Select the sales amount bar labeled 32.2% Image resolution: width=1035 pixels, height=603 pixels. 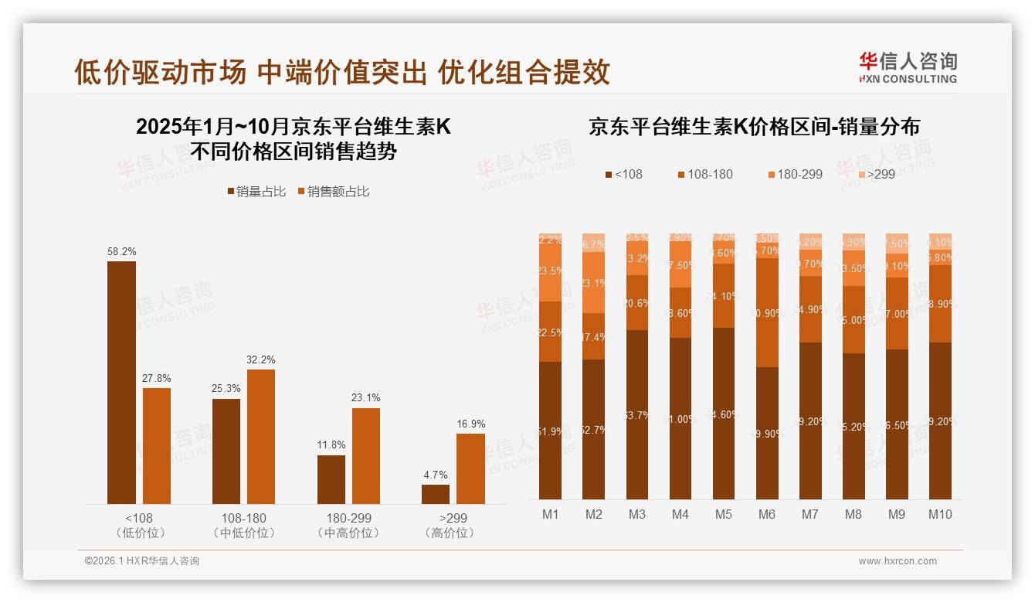(261, 437)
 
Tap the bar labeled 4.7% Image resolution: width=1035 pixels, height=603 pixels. (435, 494)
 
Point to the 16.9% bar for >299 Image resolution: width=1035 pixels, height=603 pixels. (470, 468)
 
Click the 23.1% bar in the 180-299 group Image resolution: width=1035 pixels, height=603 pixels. (366, 456)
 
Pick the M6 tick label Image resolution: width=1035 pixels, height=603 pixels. (766, 515)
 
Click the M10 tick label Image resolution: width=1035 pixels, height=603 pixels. (940, 515)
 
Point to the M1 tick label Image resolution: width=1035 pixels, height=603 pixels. (550, 515)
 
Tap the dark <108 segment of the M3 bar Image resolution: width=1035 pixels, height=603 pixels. (637, 414)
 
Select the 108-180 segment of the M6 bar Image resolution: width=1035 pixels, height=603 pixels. (767, 312)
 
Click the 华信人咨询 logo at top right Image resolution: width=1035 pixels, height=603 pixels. (908, 67)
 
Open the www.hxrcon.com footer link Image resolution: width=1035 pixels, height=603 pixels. (897, 561)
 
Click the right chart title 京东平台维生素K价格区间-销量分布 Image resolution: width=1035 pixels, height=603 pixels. (754, 126)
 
